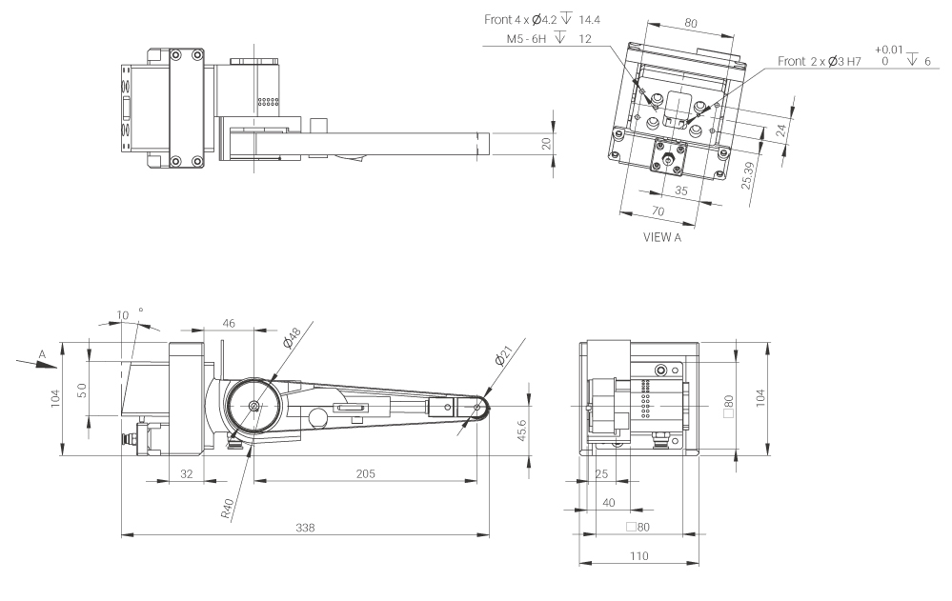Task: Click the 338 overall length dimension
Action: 304,527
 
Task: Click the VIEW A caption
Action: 662,238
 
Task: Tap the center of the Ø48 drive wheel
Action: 254,406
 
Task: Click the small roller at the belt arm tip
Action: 476,409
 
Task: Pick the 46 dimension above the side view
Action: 229,324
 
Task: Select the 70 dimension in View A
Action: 655,210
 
